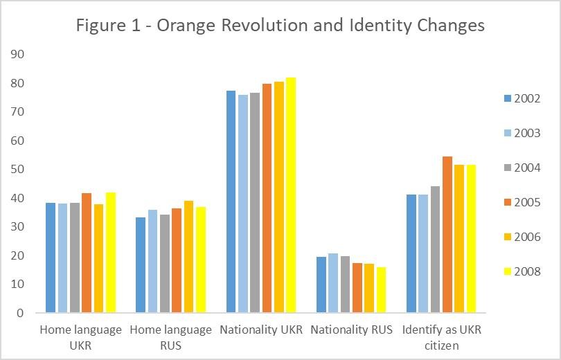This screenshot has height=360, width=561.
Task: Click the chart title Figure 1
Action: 280,26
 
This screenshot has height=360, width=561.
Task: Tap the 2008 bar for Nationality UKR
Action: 291,195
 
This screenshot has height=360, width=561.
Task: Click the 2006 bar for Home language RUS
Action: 189,257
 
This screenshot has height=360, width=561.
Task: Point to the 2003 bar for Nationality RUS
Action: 333,283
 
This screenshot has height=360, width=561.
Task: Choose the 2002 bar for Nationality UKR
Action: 231,201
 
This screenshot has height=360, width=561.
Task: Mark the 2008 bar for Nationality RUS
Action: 381,290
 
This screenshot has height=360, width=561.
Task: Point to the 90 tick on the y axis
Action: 17,54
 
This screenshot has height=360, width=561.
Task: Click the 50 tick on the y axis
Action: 17,169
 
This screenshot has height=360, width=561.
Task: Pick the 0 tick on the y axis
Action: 20,313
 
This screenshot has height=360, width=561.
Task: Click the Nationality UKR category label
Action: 261,330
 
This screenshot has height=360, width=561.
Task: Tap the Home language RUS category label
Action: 171,337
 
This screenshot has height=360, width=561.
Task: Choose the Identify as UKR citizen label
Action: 441,337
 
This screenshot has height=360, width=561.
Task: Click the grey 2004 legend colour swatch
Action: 506,168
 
